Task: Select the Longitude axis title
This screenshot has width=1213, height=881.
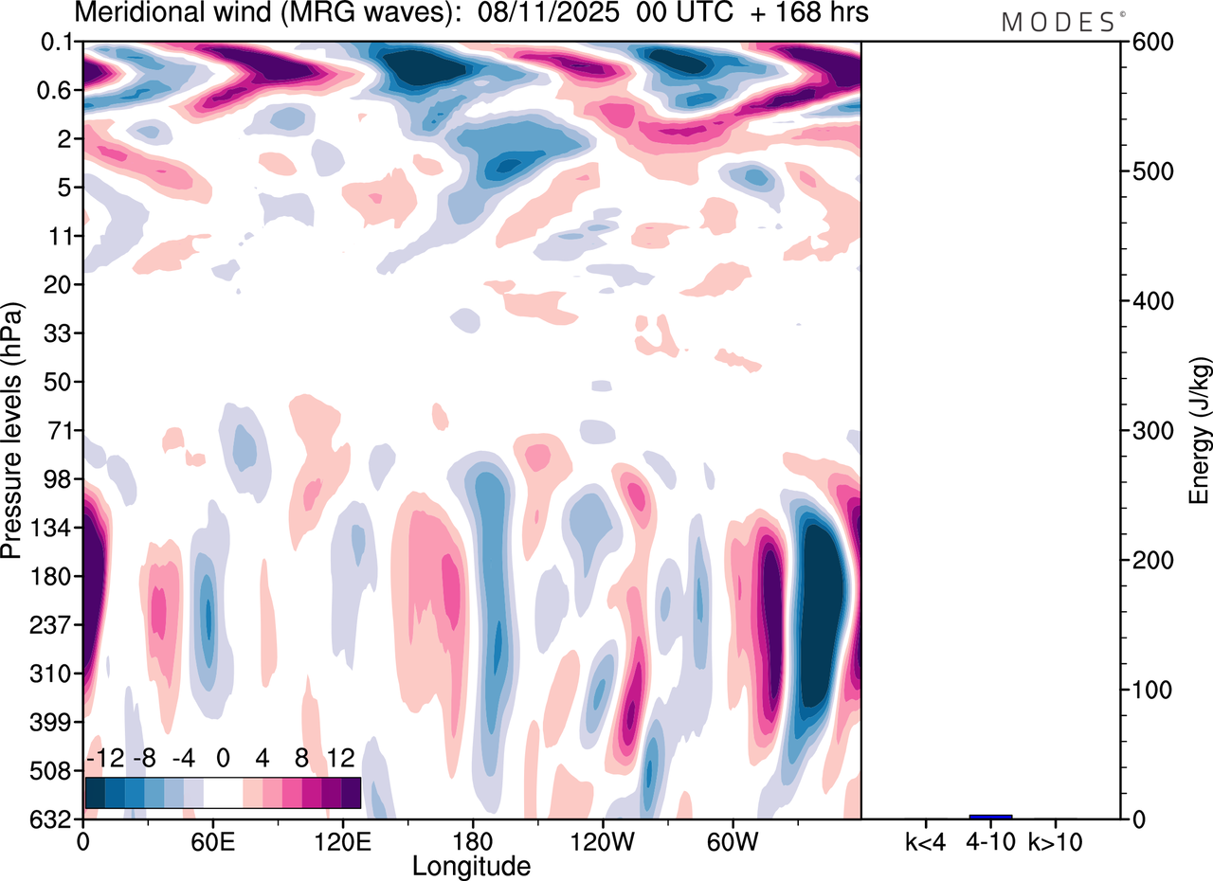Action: pyautogui.click(x=471, y=865)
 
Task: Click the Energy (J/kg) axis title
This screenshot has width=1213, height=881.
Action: pyautogui.click(x=1199, y=431)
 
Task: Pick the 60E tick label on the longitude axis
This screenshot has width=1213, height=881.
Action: pyautogui.click(x=212, y=841)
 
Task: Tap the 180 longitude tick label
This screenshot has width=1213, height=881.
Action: pyautogui.click(x=472, y=841)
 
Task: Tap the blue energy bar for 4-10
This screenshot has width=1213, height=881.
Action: pyautogui.click(x=990, y=817)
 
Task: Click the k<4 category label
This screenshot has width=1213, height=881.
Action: pyautogui.click(x=925, y=841)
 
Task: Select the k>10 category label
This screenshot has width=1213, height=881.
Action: pyautogui.click(x=1055, y=841)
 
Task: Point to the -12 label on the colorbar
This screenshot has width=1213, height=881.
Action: pyautogui.click(x=103, y=759)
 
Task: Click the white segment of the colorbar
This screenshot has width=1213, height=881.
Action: pyautogui.click(x=223, y=792)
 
